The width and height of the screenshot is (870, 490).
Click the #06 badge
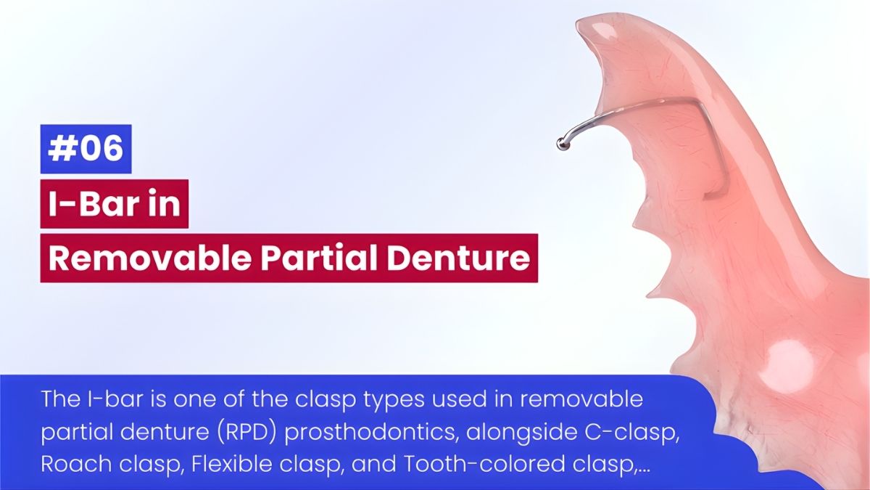[x=86, y=149]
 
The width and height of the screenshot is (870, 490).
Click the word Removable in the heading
[x=149, y=258]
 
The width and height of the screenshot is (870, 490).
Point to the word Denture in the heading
[x=458, y=258]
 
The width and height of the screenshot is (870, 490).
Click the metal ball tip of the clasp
[x=562, y=144]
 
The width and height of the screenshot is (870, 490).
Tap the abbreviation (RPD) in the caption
[x=247, y=432]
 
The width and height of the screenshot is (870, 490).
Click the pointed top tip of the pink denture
[x=578, y=23]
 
